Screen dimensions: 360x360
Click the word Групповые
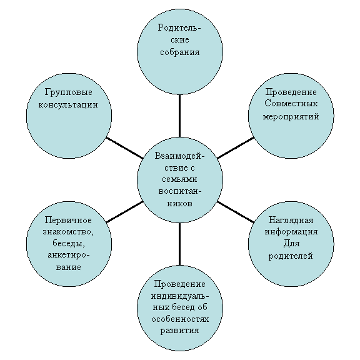pyautogui.click(x=68, y=92)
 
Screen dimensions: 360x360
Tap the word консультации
pyautogui.click(x=68, y=105)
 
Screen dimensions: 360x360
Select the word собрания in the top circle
pyautogui.click(x=180, y=52)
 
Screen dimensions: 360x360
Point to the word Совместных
pyautogui.click(x=291, y=104)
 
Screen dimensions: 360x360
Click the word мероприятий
pyautogui.click(x=291, y=116)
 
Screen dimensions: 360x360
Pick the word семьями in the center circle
pyautogui.click(x=179, y=179)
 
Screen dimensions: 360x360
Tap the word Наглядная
pyautogui.click(x=291, y=221)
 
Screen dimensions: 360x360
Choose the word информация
pyautogui.click(x=291, y=232)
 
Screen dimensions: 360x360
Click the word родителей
pyautogui.click(x=291, y=256)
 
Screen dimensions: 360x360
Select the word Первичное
pyautogui.click(x=68, y=221)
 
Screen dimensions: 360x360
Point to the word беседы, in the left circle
pyautogui.click(x=69, y=243)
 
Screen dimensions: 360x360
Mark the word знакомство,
pyautogui.click(x=68, y=232)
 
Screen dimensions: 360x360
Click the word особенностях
pyautogui.click(x=180, y=319)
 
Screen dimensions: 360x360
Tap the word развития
pyautogui.click(x=179, y=331)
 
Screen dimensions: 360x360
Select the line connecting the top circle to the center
pyautogui.click(x=179, y=116)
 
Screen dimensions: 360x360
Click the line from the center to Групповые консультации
pyautogui.click(x=124, y=148)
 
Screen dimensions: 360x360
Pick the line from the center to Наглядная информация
pyautogui.click(x=236, y=212)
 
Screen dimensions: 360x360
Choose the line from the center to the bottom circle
pyautogui.click(x=179, y=244)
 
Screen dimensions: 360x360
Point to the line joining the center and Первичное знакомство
pyautogui.click(x=124, y=212)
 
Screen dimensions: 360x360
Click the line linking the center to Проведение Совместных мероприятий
pyautogui.click(x=236, y=148)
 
